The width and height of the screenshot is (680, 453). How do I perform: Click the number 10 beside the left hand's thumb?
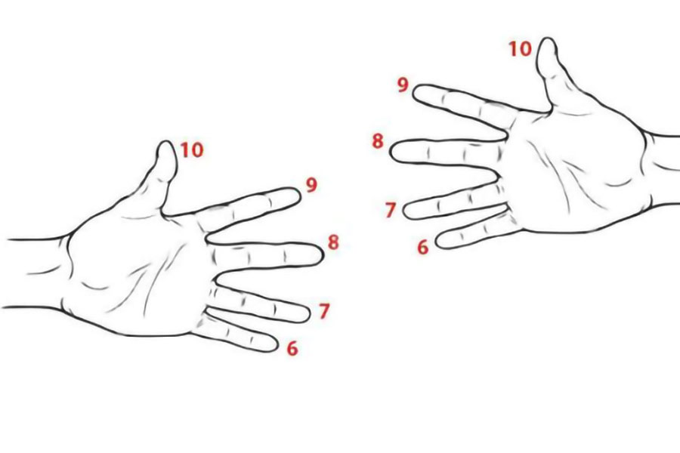[x=192, y=150]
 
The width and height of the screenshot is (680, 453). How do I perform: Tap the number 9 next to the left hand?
[x=311, y=185]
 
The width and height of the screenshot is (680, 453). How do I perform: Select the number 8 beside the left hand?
[x=333, y=242]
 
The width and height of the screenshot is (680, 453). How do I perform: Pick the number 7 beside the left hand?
[x=324, y=311]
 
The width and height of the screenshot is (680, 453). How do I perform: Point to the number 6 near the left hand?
[x=292, y=348]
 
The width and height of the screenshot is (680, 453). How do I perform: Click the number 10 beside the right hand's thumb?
[x=520, y=49]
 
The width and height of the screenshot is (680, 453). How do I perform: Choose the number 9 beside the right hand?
[x=403, y=85]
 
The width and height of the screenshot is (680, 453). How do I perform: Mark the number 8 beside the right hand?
[x=378, y=141]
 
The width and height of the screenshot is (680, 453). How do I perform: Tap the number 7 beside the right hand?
[x=391, y=210]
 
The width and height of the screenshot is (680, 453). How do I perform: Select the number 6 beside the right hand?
[x=423, y=247]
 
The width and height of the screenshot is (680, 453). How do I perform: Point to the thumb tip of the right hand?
[x=548, y=39]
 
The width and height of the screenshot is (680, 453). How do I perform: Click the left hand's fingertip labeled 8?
[x=323, y=255]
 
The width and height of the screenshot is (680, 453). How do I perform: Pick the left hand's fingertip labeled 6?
[x=277, y=344]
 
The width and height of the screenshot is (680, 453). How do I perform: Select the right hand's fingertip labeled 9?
[x=413, y=93]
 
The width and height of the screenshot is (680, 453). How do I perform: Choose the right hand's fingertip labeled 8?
[x=391, y=151]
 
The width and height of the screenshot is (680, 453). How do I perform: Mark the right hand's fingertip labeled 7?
[x=405, y=210]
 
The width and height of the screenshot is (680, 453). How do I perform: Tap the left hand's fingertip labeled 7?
[x=308, y=314]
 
